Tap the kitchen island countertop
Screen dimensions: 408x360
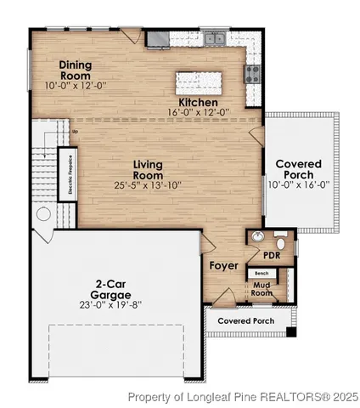202,82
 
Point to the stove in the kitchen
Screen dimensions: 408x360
252,74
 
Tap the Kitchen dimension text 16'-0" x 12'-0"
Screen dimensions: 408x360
198,111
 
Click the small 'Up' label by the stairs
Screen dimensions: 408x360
76,132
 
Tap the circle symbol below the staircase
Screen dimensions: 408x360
43,215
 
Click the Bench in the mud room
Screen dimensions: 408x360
262,273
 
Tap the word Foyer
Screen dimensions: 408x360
224,266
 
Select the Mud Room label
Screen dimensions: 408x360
262,290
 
